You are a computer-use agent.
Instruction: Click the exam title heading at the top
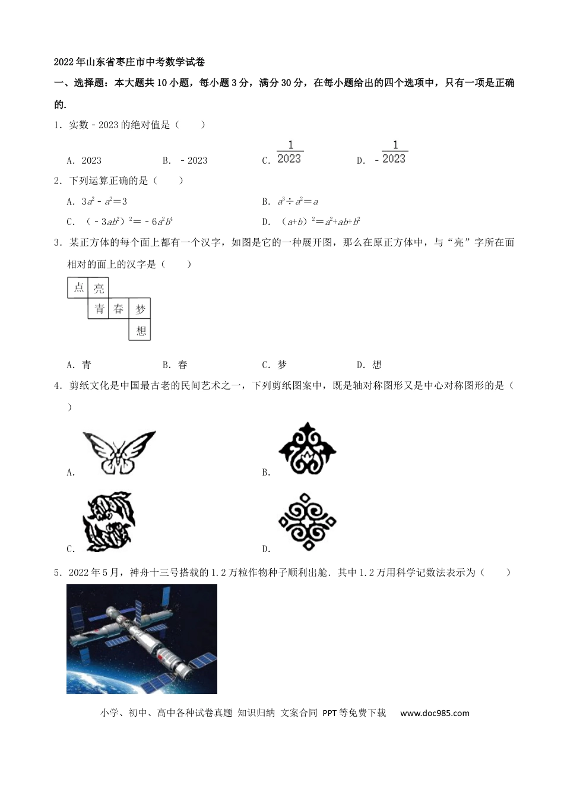(x=129, y=62)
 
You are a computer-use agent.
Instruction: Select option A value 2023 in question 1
(x=91, y=160)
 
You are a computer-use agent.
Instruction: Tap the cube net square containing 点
(x=78, y=288)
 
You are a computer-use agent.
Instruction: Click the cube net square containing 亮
(x=99, y=288)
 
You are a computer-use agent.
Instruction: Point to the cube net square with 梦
(x=140, y=309)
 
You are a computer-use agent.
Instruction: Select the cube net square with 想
(x=140, y=330)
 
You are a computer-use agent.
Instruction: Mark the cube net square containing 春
(x=119, y=309)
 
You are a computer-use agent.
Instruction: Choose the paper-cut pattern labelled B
(x=308, y=449)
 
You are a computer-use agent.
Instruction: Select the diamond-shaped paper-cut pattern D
(x=307, y=522)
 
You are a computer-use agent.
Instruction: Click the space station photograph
(x=142, y=639)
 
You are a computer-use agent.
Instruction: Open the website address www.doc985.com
(x=435, y=713)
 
